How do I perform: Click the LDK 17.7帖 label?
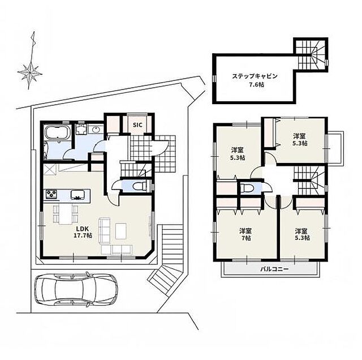coord(83,232)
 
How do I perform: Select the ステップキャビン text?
coord(255,76)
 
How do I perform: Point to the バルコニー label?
coord(274,269)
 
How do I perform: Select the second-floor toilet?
coord(245,187)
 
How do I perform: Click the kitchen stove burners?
coord(51,194)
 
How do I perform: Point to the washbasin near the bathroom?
coord(95,130)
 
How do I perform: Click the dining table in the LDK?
coord(66,214)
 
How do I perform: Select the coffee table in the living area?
coord(121,231)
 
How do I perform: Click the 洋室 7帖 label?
coord(245,234)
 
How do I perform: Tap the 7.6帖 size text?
coord(255,85)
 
